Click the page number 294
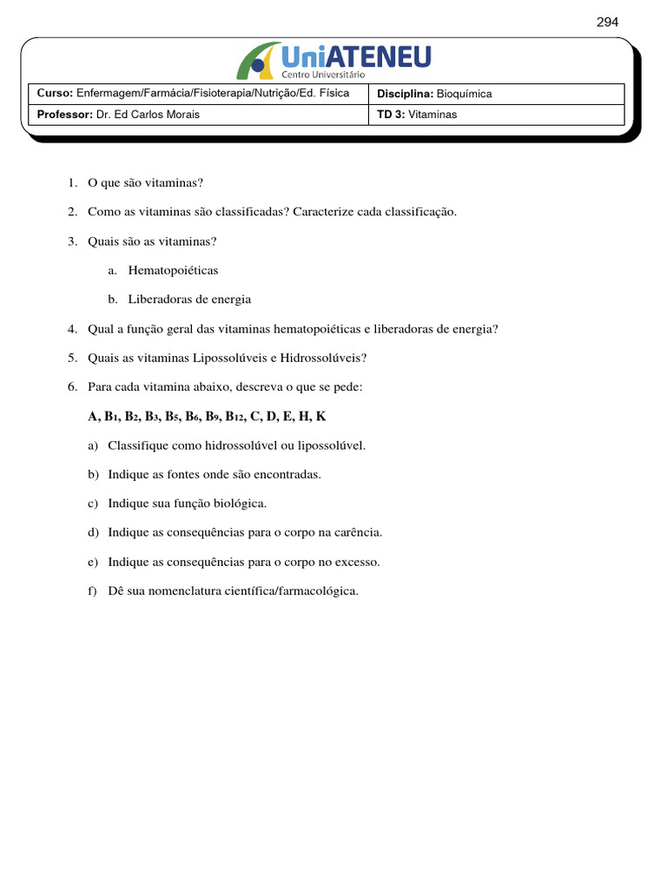point(607,23)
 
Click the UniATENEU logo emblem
point(258,61)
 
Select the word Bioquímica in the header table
point(464,94)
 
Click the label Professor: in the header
point(64,115)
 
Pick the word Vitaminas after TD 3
point(433,115)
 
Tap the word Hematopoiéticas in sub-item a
point(173,270)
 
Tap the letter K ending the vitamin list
point(321,417)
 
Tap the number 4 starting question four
point(71,329)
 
